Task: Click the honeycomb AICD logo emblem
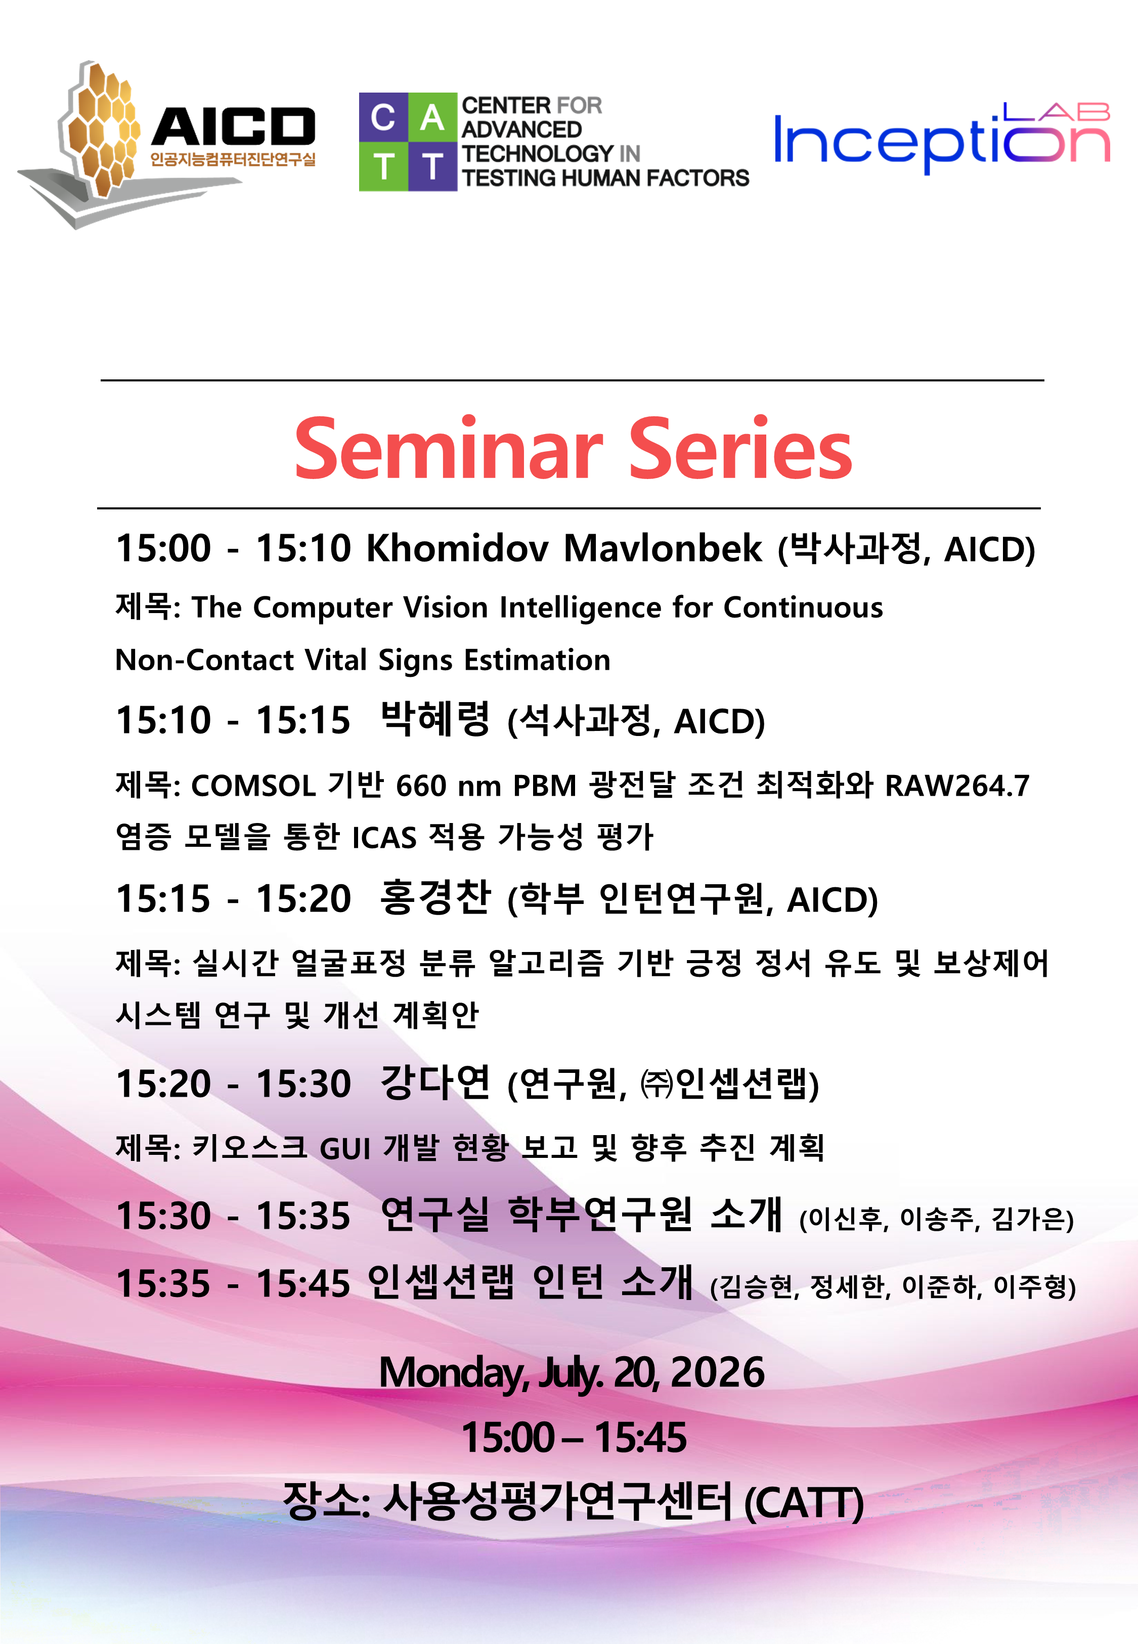point(100,132)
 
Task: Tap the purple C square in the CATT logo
point(383,117)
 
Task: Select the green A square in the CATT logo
point(432,117)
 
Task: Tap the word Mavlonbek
point(663,548)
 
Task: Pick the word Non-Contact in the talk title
point(205,660)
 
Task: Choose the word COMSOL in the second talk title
point(253,786)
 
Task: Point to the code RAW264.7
point(957,786)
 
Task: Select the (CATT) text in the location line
point(804,1503)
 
